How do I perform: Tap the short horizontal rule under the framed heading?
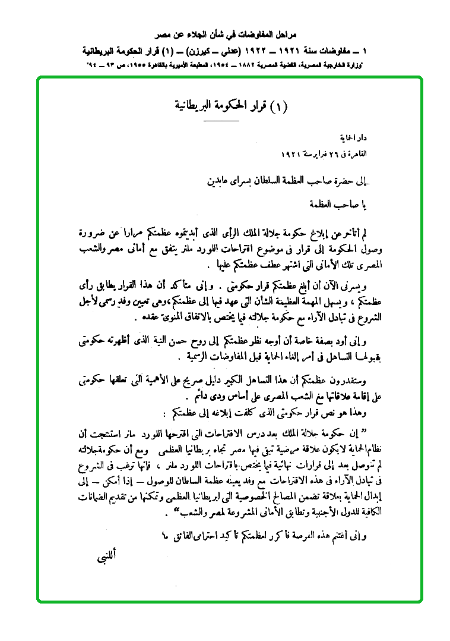220,121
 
